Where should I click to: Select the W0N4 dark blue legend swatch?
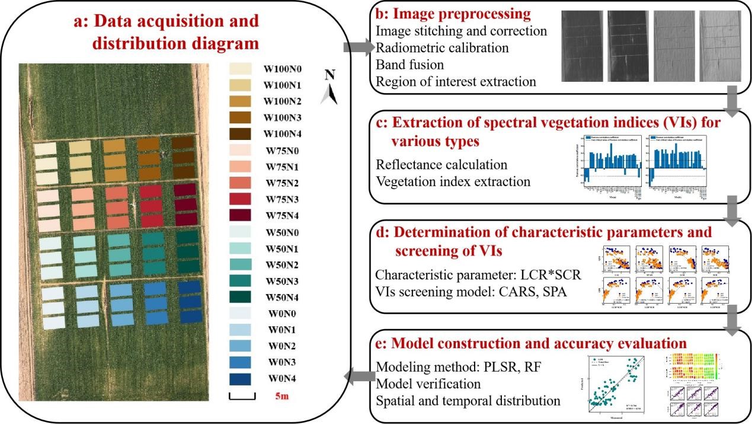[x=240, y=378]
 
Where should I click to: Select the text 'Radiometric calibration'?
[x=441, y=47]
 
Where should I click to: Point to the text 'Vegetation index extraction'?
[x=453, y=181]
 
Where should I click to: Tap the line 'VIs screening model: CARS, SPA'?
[x=470, y=291]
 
